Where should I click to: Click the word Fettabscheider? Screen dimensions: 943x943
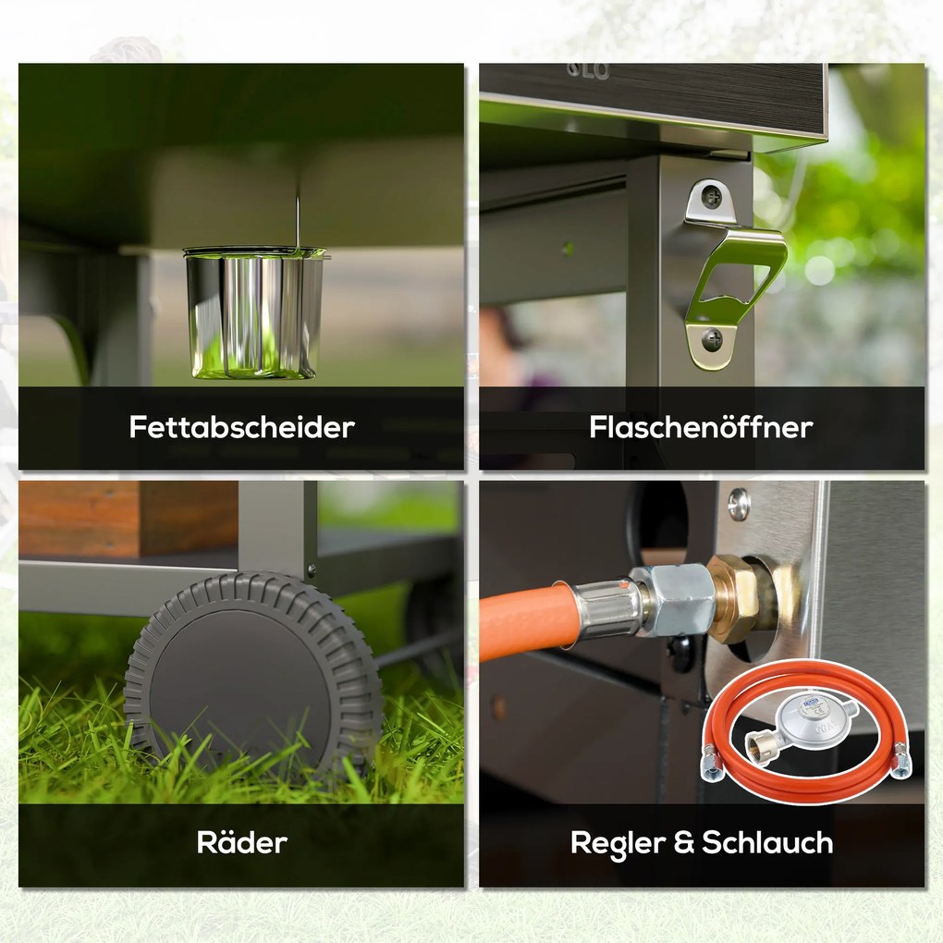pos(242,427)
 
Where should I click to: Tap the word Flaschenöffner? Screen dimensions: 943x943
pos(701,427)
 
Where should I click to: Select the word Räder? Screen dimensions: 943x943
pos(242,842)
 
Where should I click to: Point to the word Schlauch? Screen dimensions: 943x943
pos(767,842)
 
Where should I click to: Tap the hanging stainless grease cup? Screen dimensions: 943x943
pos(255,312)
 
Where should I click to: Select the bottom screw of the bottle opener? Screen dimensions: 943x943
pos(713,340)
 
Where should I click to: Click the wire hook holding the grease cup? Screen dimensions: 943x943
pos(298,219)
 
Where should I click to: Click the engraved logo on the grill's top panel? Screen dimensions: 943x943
pos(588,71)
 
